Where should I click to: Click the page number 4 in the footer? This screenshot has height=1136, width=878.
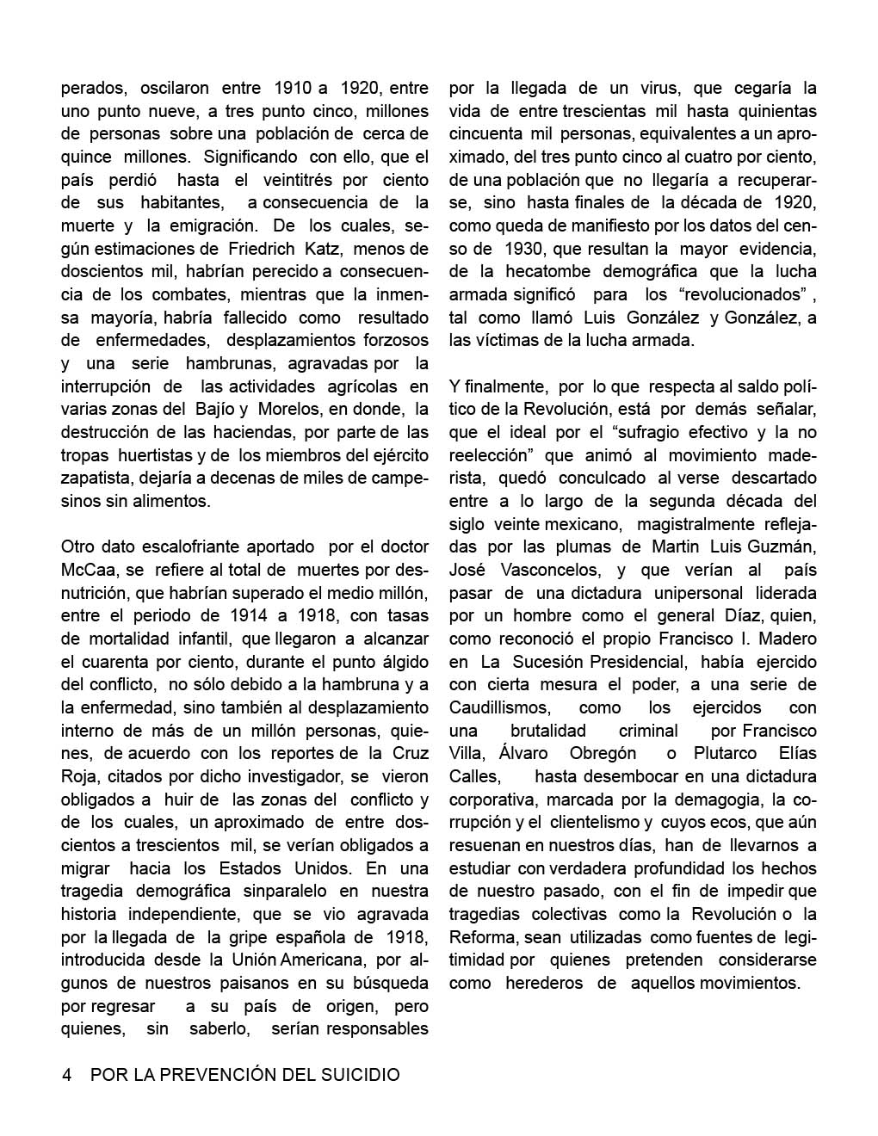pos(66,1075)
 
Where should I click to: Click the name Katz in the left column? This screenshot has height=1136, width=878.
pos(320,249)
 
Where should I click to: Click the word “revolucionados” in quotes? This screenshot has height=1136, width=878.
pos(741,294)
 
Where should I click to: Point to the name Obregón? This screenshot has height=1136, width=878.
pos(603,753)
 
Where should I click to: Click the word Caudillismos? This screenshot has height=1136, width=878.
pos(499,707)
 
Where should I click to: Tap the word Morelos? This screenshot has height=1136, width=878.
pos(292,409)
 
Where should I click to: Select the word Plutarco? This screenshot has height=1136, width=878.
pos(724,753)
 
